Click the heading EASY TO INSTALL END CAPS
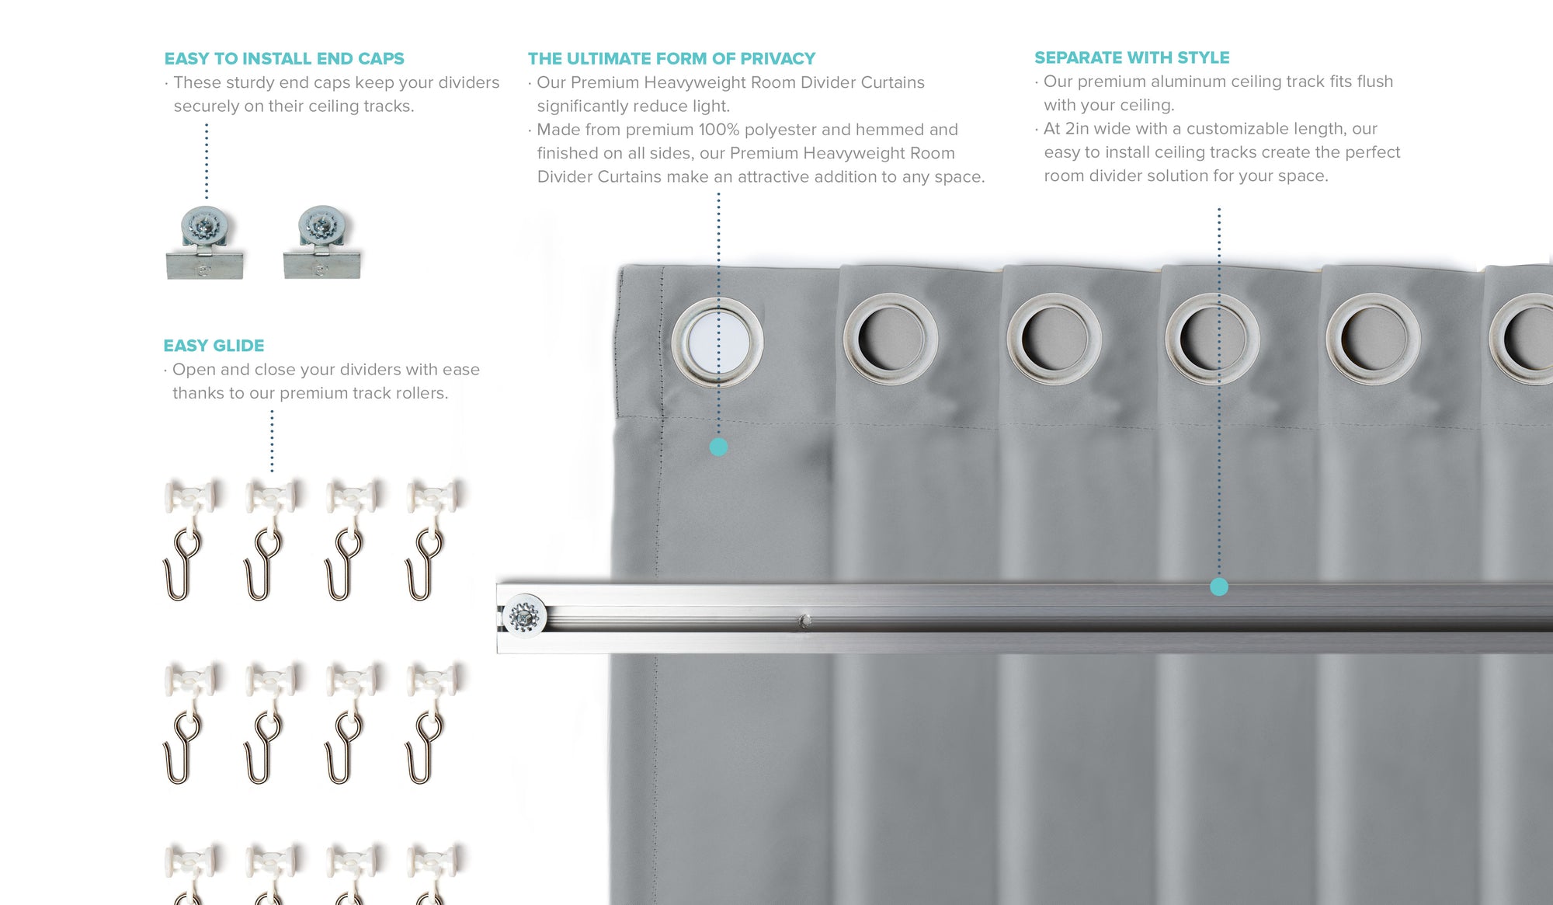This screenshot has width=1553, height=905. click(x=284, y=58)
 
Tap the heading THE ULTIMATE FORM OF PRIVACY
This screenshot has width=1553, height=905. click(x=672, y=58)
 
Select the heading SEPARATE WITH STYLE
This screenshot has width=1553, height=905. click(x=1132, y=57)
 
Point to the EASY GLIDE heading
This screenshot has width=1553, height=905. click(x=214, y=346)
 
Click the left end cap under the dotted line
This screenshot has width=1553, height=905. click(x=205, y=242)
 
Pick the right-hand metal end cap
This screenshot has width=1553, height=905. click(x=322, y=242)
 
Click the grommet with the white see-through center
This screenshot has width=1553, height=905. click(x=717, y=340)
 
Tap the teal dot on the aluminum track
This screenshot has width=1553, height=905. click(x=1219, y=587)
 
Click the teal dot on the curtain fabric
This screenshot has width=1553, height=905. click(x=718, y=447)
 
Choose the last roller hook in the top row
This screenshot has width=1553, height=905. click(x=431, y=539)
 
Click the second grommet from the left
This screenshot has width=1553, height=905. click(x=891, y=339)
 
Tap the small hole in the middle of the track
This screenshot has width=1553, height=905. click(x=805, y=621)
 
